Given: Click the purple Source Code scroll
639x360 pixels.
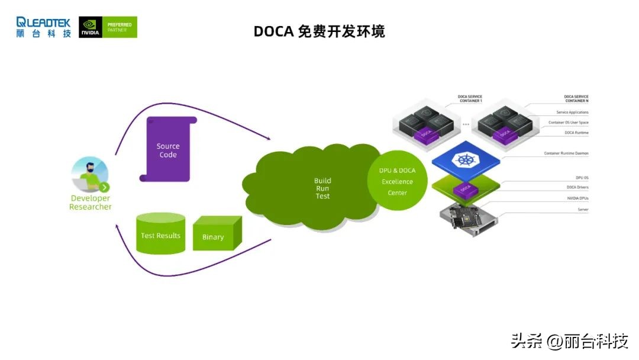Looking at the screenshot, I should (167, 149).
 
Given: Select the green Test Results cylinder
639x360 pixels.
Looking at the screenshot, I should (160, 234).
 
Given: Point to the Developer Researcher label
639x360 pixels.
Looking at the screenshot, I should (90, 202).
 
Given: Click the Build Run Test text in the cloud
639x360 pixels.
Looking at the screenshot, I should (322, 188).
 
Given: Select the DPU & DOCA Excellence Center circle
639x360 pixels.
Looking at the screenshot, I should (397, 181).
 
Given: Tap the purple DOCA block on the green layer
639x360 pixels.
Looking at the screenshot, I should (465, 189).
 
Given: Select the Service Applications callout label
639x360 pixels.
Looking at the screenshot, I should (572, 112).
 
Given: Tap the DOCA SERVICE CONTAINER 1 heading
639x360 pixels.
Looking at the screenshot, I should (470, 98).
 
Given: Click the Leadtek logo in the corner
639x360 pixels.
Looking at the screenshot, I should (43, 27).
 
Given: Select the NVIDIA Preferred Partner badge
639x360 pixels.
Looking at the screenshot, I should (108, 27).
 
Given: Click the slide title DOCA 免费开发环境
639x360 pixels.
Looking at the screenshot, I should (319, 31).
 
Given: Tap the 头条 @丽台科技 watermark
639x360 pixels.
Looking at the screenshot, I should (569, 341).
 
